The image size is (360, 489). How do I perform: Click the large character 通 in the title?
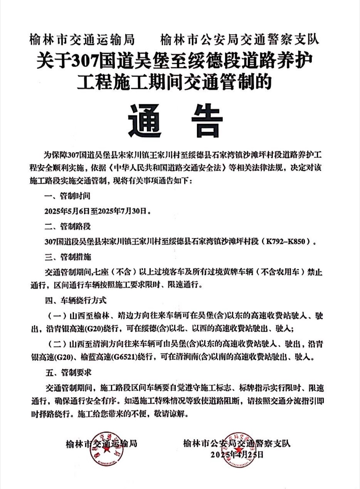coord(145,121)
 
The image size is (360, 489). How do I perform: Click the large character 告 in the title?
coord(207,121)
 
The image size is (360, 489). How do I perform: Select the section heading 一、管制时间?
coord(67,196)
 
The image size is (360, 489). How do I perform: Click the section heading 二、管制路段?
coord(67,227)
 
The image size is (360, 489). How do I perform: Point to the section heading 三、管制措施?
coord(68,257)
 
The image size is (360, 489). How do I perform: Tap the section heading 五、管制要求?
coord(68,373)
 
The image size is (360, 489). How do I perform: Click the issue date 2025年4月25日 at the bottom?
coord(237,455)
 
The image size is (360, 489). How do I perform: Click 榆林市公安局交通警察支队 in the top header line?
coord(240,40)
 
